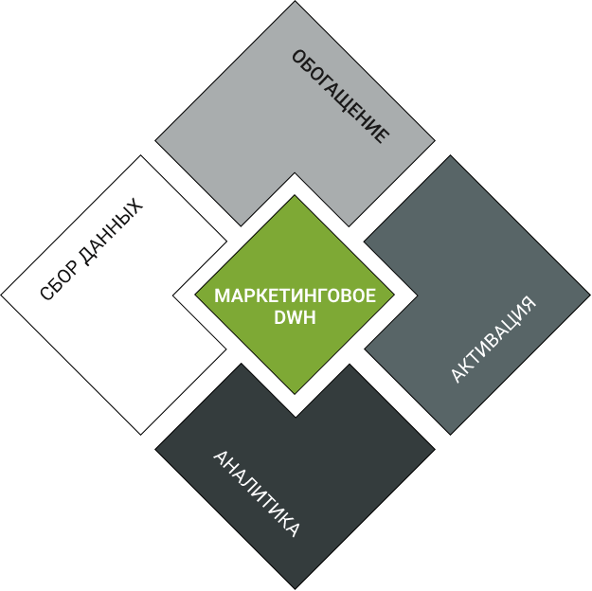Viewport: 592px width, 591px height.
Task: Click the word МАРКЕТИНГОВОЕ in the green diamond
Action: pos(295,295)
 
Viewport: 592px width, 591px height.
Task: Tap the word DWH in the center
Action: pos(295,317)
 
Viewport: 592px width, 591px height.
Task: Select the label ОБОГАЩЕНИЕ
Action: pos(341,97)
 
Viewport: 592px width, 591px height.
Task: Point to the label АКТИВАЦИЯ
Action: pos(493,339)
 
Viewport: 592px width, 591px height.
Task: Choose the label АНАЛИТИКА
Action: pos(257,493)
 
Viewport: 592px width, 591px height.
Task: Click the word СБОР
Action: pos(60,281)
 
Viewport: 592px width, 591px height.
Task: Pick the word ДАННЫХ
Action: pos(112,231)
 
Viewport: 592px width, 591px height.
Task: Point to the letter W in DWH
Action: pos(295,317)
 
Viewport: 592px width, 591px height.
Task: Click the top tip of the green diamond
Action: pos(295,195)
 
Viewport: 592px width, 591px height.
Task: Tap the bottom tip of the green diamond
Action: pos(295,394)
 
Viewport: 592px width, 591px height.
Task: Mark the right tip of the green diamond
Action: pos(395,295)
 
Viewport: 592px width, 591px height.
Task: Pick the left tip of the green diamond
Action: pos(194,295)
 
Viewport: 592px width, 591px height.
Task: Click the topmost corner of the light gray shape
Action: pos(295,1)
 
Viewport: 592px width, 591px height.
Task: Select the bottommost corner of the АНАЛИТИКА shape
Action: pos(295,589)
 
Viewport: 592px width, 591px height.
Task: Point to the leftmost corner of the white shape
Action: pos(1,295)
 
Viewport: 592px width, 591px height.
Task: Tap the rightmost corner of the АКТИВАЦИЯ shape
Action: pos(590,295)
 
